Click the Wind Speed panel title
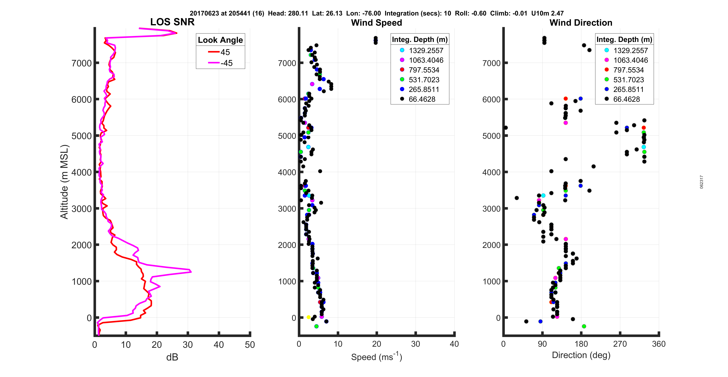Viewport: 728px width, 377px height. pyautogui.click(x=376, y=23)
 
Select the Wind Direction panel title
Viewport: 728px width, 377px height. pyautogui.click(x=581, y=23)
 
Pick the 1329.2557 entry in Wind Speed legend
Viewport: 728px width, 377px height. pyautogui.click(x=426, y=51)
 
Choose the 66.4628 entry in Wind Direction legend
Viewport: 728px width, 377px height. pyautogui.click(x=626, y=99)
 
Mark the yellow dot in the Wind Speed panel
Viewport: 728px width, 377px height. pyautogui.click(x=309, y=317)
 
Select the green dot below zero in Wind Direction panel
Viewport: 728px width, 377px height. pyautogui.click(x=584, y=326)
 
